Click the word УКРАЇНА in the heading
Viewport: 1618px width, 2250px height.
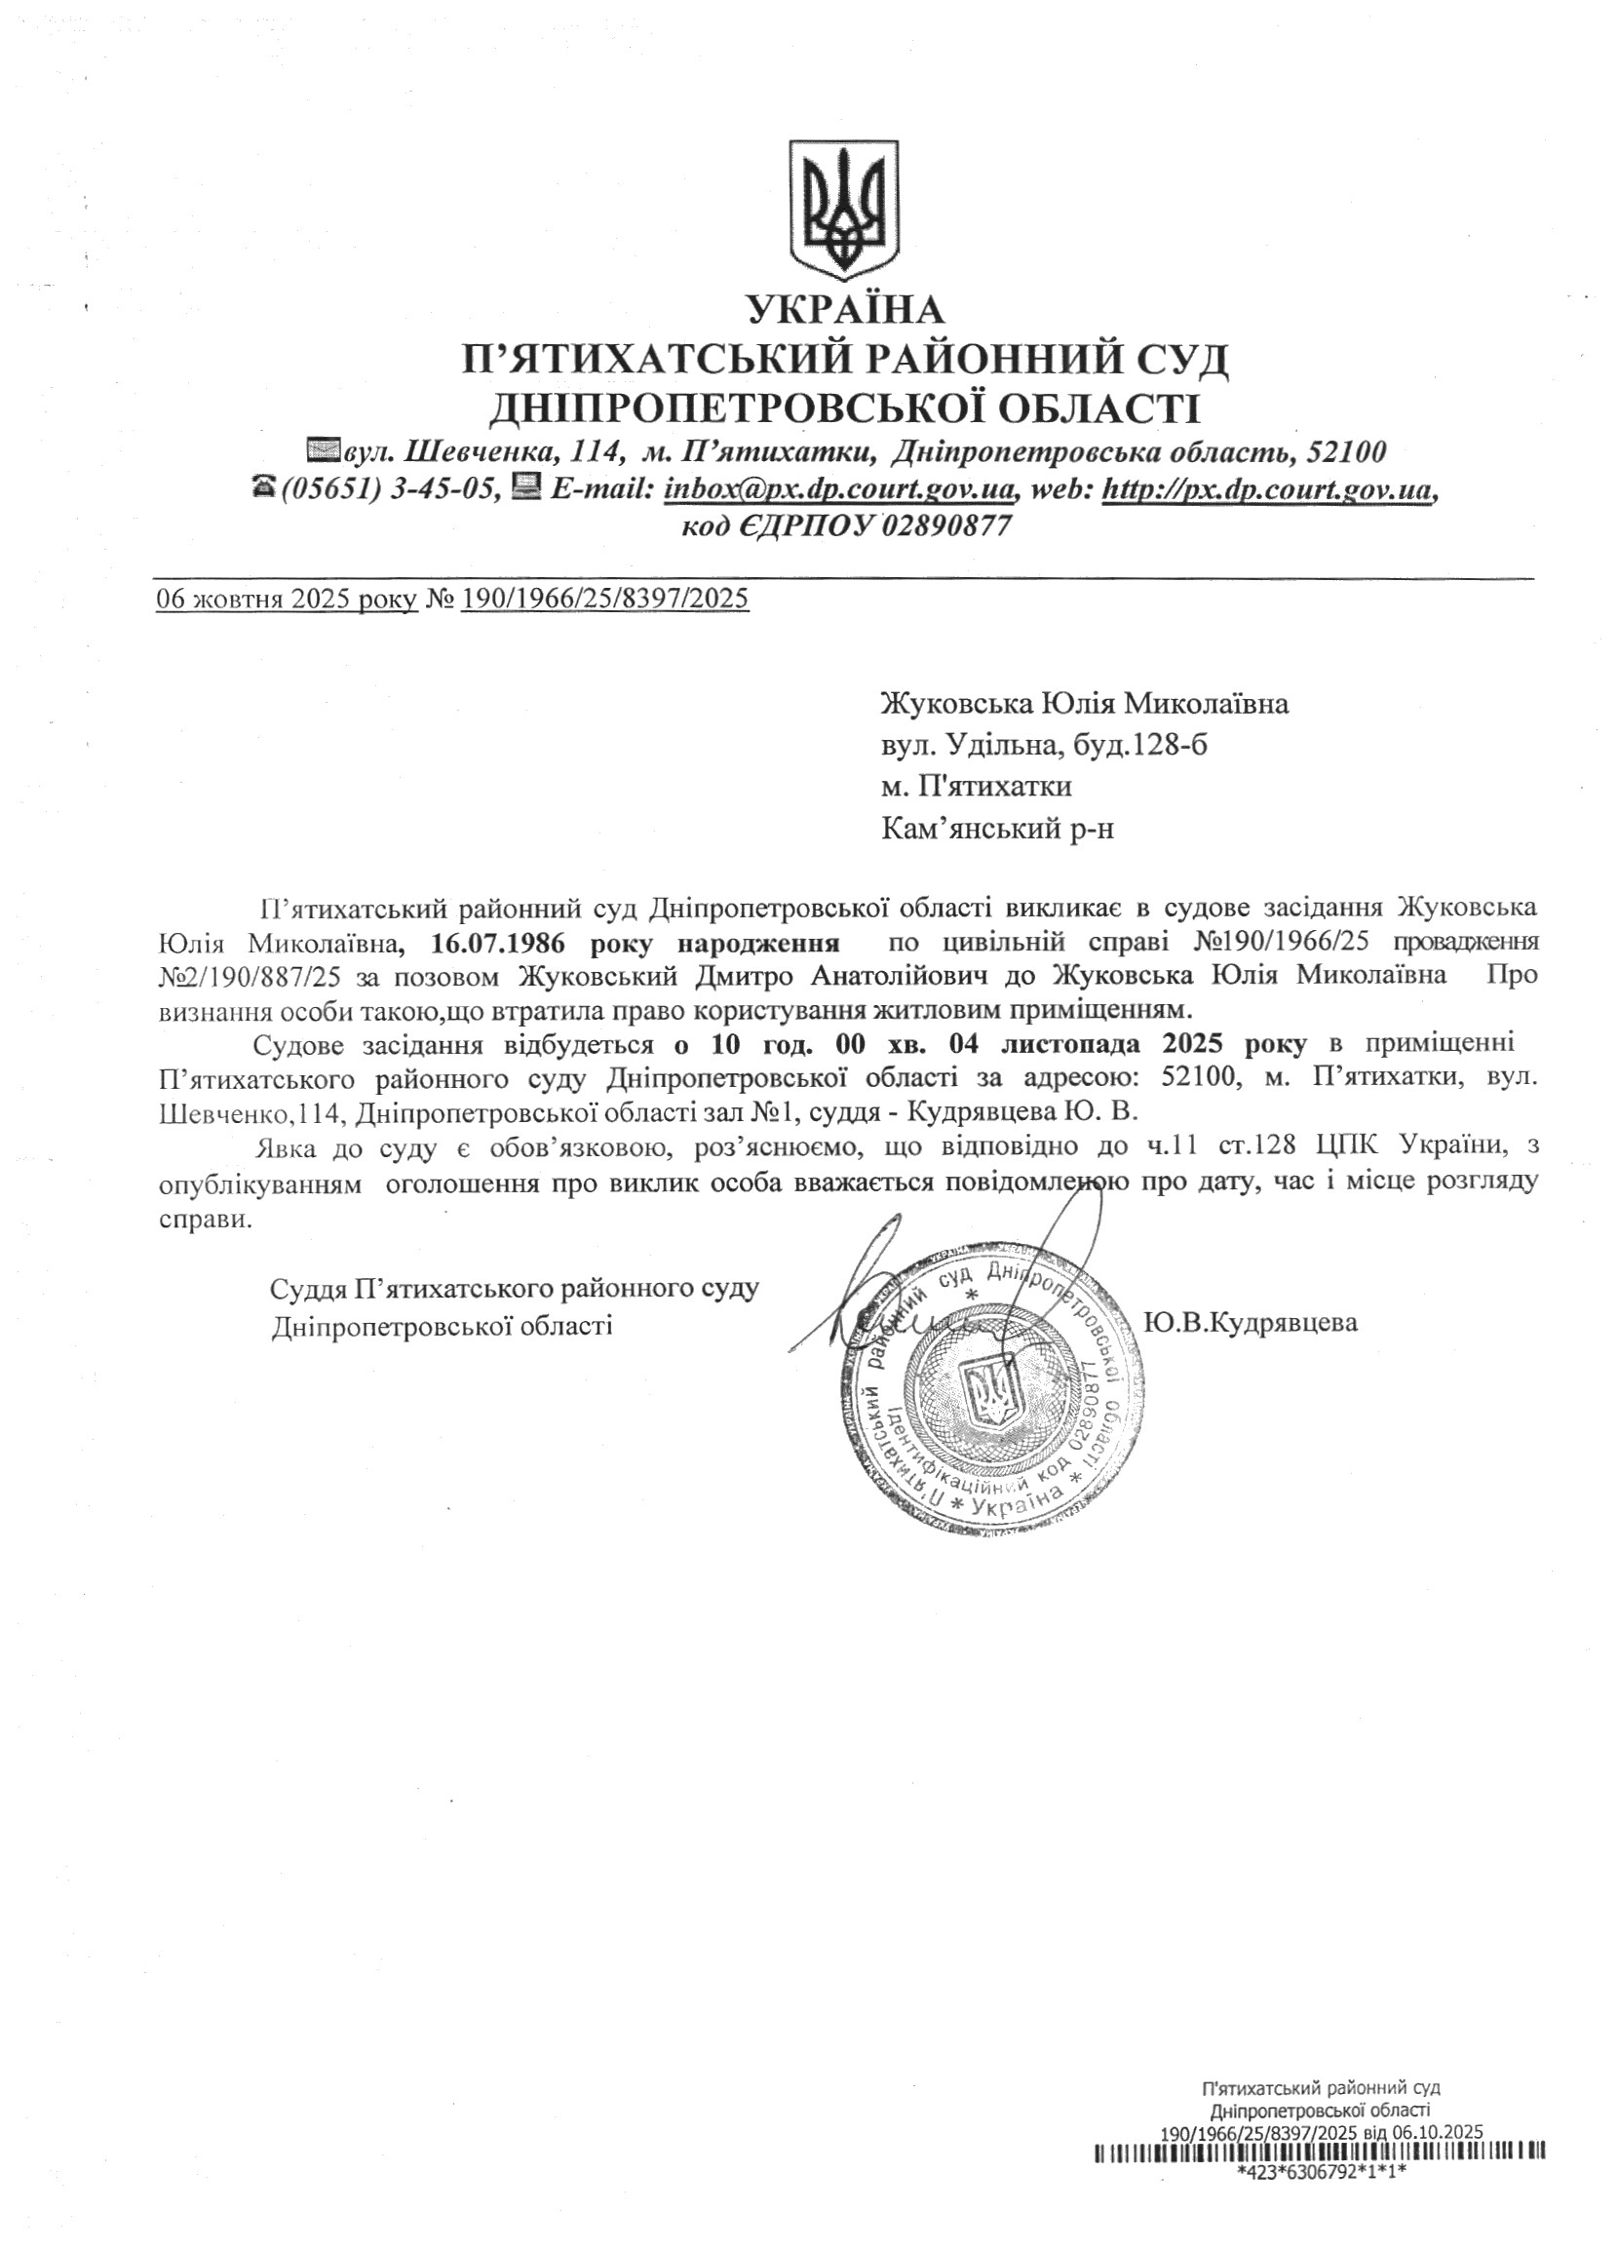click(x=846, y=311)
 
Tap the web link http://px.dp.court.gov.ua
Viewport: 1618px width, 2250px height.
click(x=1269, y=489)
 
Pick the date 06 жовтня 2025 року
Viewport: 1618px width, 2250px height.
click(x=287, y=600)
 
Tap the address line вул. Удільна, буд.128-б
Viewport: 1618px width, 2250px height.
click(x=1044, y=744)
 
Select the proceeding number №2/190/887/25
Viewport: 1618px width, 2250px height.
click(x=250, y=975)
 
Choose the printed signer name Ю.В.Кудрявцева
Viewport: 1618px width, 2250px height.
click(x=1250, y=1323)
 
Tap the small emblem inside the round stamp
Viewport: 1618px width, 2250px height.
click(x=991, y=1394)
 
